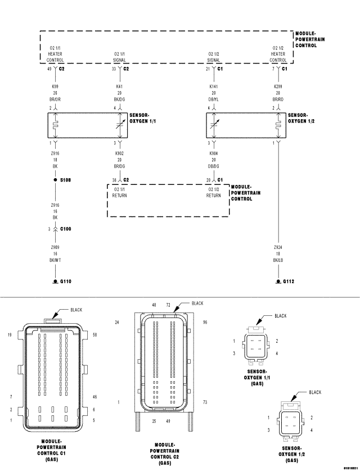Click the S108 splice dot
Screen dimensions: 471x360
(55, 180)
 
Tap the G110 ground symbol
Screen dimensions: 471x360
(55, 280)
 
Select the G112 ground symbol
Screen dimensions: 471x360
(278, 280)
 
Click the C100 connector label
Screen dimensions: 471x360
(66, 229)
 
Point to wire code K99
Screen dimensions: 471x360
(55, 87)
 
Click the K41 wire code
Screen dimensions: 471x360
(119, 87)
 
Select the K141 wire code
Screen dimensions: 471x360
(213, 87)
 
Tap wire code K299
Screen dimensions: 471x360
(278, 87)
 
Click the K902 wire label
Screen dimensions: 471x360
(119, 153)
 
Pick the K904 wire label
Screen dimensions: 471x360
(213, 153)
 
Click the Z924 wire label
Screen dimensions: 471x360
(278, 247)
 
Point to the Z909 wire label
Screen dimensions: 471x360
(55, 247)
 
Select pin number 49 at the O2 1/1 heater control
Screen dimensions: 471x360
(49, 69)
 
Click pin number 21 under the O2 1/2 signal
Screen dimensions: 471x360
(208, 69)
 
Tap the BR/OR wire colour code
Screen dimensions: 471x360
(55, 99)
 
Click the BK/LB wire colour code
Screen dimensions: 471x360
(278, 259)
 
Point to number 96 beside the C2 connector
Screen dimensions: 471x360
(205, 322)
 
